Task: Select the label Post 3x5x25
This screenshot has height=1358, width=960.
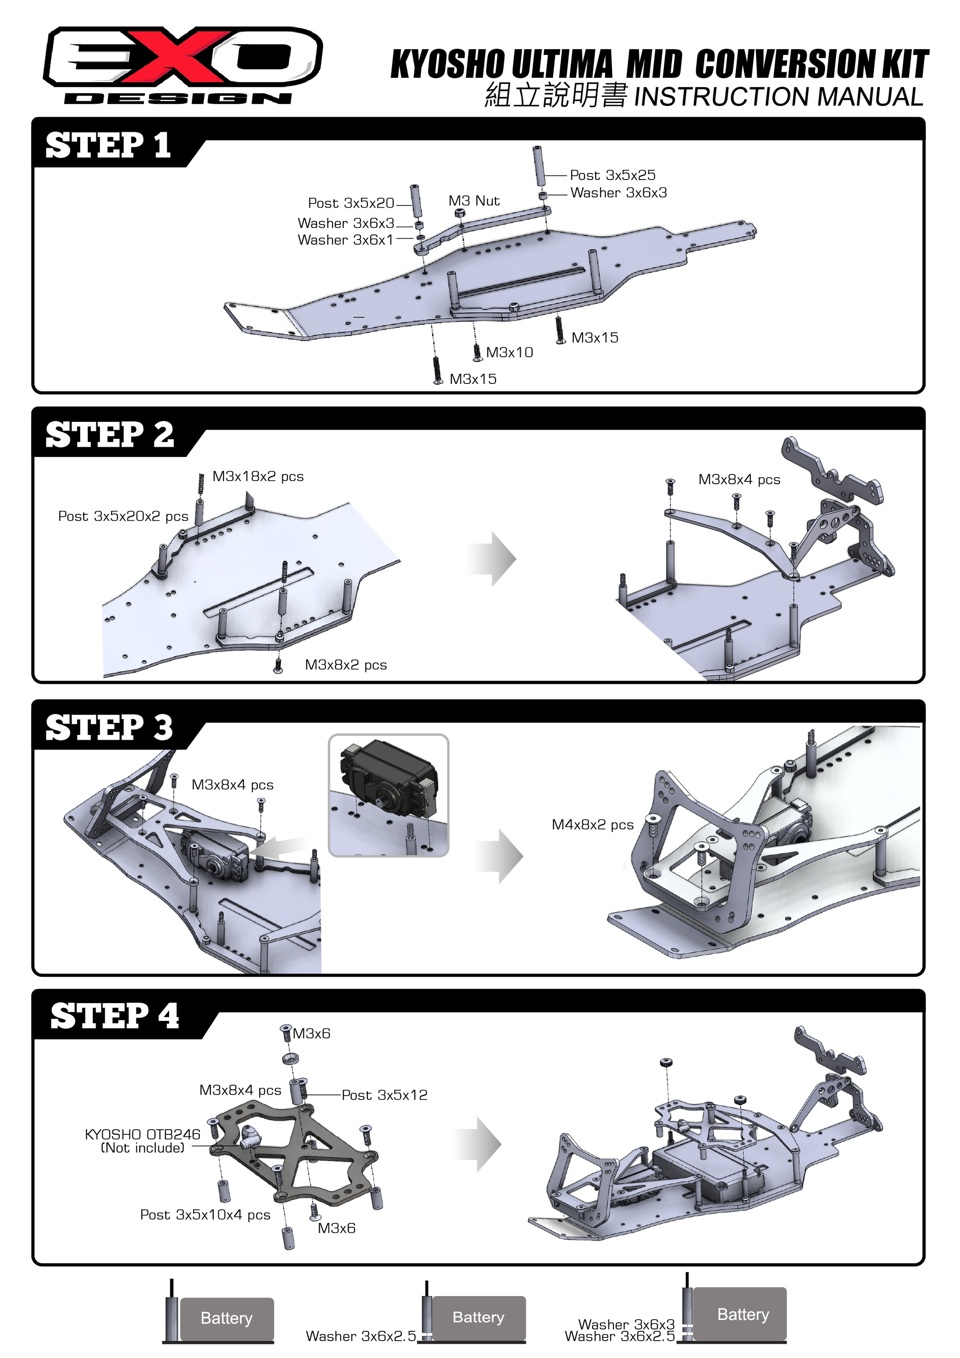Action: tap(612, 175)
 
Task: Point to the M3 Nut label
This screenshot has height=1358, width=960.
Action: tap(474, 201)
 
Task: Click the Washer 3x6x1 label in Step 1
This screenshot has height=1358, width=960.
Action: tap(345, 240)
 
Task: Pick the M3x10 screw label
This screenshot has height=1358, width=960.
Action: tap(509, 353)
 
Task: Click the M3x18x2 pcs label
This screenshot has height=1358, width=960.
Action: tap(258, 477)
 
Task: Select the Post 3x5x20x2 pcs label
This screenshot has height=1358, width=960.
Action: tap(123, 517)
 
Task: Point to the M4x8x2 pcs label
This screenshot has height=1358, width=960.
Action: tap(592, 825)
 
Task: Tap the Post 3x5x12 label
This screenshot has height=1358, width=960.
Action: tap(384, 1095)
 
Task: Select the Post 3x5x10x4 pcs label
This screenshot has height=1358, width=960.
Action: tap(205, 1215)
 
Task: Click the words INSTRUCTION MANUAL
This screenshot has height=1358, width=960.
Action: tap(778, 97)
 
